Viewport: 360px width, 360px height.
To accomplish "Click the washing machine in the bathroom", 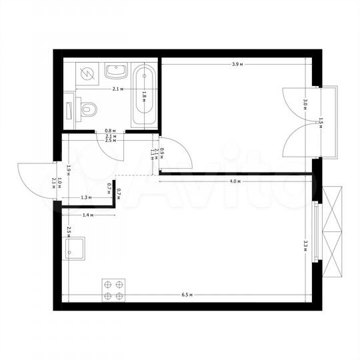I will [x=87, y=72].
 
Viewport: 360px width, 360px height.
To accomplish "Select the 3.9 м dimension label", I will [x=236, y=64].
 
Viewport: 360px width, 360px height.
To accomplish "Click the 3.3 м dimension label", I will [x=305, y=244].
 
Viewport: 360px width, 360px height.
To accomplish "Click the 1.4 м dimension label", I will [x=88, y=216].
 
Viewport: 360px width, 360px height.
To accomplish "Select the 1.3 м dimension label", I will [x=85, y=197].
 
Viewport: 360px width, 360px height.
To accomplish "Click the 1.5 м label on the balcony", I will [x=321, y=122].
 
